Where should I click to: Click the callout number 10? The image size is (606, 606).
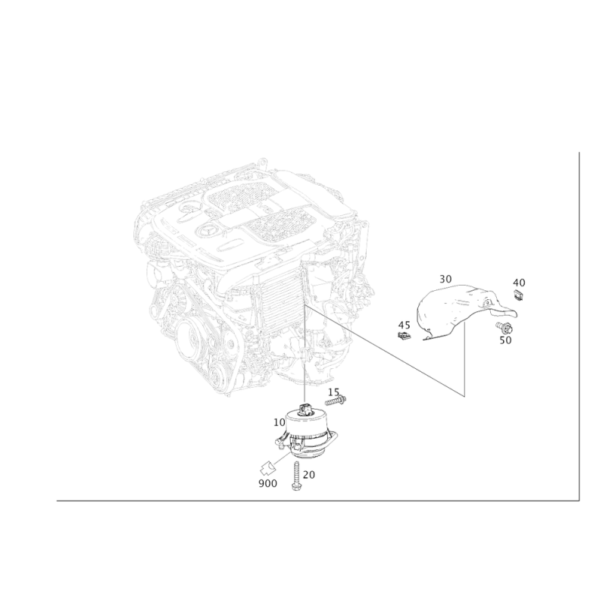tap(279, 423)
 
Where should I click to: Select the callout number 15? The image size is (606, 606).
tap(333, 392)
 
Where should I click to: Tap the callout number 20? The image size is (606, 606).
tap(309, 475)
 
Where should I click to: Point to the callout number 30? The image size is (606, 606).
tap(445, 279)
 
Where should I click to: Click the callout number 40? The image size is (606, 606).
tap(519, 283)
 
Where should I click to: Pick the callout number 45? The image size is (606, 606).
tap(404, 325)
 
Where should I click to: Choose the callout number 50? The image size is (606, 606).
tap(505, 340)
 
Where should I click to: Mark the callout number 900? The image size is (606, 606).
tap(268, 483)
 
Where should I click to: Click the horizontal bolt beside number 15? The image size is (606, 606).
tap(336, 401)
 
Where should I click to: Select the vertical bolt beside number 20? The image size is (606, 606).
tap(296, 476)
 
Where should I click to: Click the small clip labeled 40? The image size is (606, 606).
tap(519, 295)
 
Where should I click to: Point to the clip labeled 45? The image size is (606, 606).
tap(404, 336)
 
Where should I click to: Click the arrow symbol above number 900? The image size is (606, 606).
tap(268, 469)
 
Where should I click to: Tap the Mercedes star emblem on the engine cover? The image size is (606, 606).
tap(207, 232)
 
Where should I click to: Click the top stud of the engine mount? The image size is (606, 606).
tap(306, 408)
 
